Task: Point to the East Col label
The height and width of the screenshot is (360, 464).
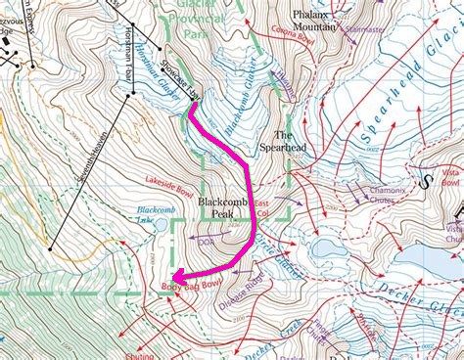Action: pos(261,206)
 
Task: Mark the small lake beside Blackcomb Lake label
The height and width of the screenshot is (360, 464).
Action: pos(161,226)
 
